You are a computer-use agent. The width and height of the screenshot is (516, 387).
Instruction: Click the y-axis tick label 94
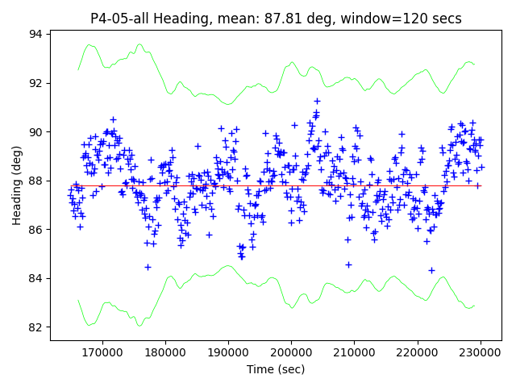[x=36, y=34]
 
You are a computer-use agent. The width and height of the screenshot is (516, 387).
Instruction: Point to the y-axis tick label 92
[x=36, y=83]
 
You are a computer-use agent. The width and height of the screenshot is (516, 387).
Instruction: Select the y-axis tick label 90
[x=36, y=132]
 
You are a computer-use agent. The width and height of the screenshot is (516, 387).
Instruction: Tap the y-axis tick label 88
[x=36, y=181]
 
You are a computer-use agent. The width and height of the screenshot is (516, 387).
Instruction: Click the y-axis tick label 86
[x=36, y=230]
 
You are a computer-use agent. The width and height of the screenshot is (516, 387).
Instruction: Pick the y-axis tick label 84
[x=36, y=278]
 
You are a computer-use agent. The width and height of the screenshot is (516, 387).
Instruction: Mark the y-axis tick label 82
[x=36, y=327]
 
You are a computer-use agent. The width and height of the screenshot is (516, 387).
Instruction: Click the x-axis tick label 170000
[x=102, y=352]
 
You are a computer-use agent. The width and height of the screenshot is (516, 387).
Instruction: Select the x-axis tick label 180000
[x=165, y=352]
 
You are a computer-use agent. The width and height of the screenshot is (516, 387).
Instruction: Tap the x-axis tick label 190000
[x=228, y=352]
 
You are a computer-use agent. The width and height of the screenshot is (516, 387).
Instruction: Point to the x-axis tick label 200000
[x=291, y=352]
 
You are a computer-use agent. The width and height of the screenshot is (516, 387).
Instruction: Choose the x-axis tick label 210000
[x=355, y=352]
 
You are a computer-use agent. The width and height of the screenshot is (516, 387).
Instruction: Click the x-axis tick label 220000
[x=418, y=352]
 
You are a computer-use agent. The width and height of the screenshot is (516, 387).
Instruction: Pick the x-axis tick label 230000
[x=481, y=352]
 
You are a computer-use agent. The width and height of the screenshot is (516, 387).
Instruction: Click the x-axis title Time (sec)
[x=276, y=369]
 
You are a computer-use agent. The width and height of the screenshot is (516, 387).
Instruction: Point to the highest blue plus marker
[x=317, y=101]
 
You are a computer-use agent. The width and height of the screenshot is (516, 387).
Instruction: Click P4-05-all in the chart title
[x=121, y=19]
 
